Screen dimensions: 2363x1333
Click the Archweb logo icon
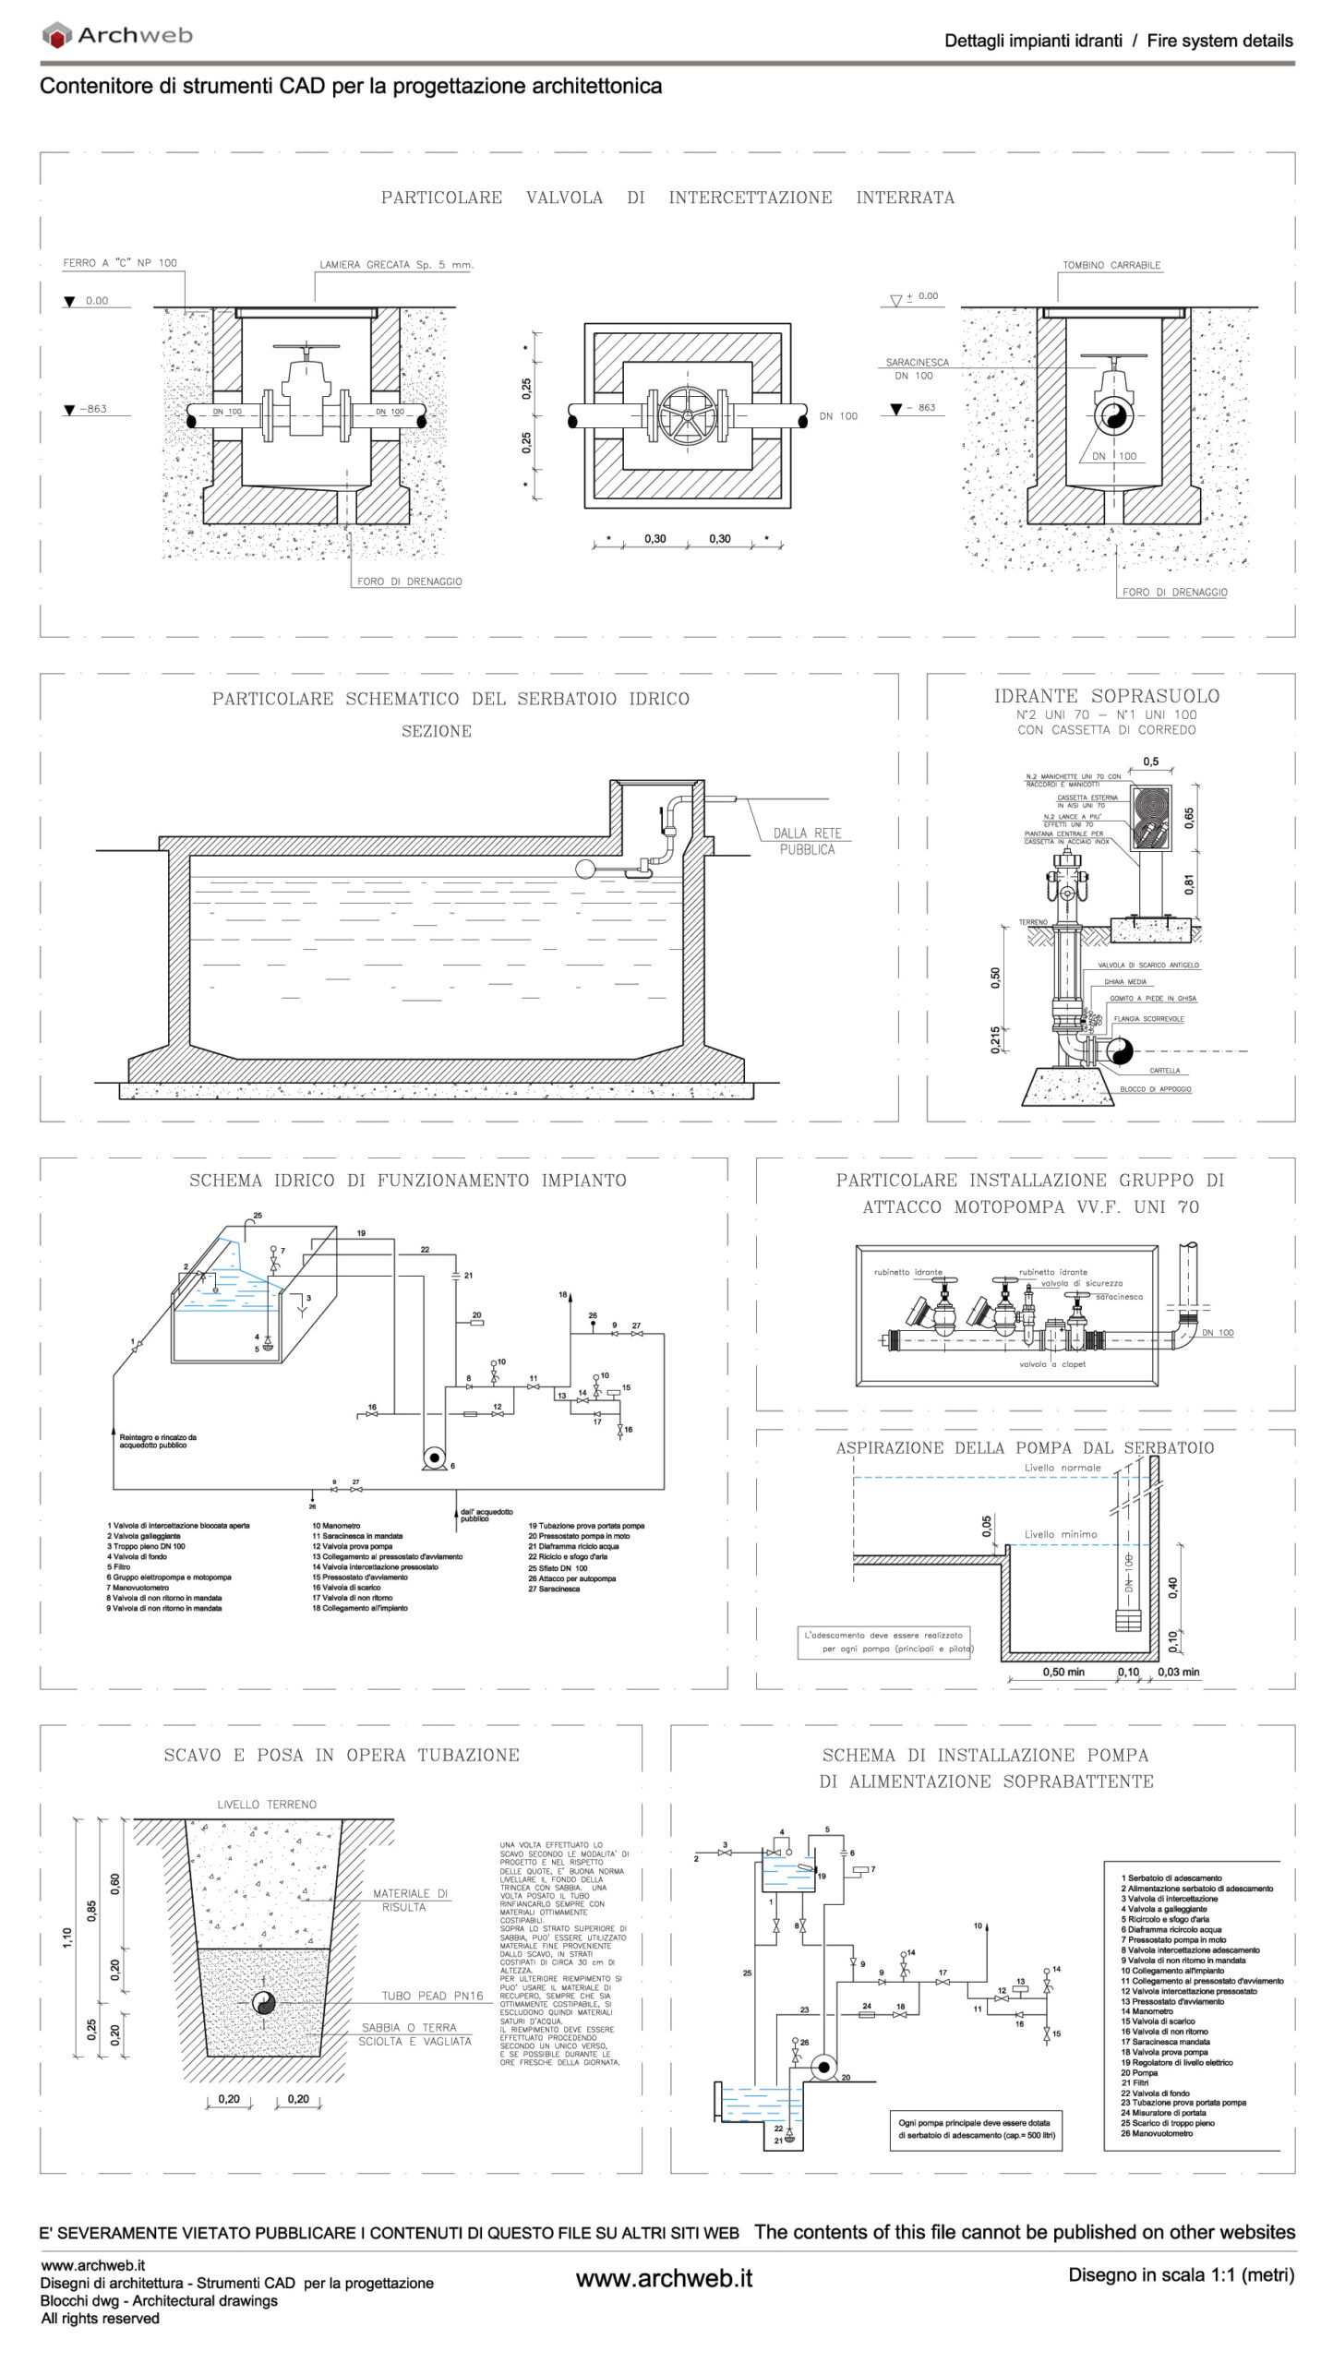[x=57, y=36]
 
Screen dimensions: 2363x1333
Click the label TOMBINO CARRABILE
[x=1111, y=265]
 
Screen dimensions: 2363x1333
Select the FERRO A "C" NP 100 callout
[x=120, y=263]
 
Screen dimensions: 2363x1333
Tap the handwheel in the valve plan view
[x=688, y=415]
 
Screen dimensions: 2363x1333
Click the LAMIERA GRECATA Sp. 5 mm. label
[x=396, y=265]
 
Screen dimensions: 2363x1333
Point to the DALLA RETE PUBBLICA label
[x=807, y=841]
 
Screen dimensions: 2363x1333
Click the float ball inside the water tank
[x=586, y=869]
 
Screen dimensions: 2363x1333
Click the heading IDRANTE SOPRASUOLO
[x=1106, y=696]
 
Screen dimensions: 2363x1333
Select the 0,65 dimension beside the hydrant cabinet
[x=1189, y=818]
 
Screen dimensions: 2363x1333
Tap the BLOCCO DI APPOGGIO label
[x=1155, y=1089]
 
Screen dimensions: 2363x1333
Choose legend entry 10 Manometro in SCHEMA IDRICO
[x=336, y=1526]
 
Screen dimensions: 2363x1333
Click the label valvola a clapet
[x=1052, y=1364]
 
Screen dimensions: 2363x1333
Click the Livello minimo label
[x=1061, y=1534]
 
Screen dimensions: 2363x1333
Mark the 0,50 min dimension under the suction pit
[x=1063, y=1672]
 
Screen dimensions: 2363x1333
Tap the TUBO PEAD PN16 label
[x=432, y=1996]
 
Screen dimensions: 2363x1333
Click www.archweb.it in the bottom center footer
[x=664, y=2278]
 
